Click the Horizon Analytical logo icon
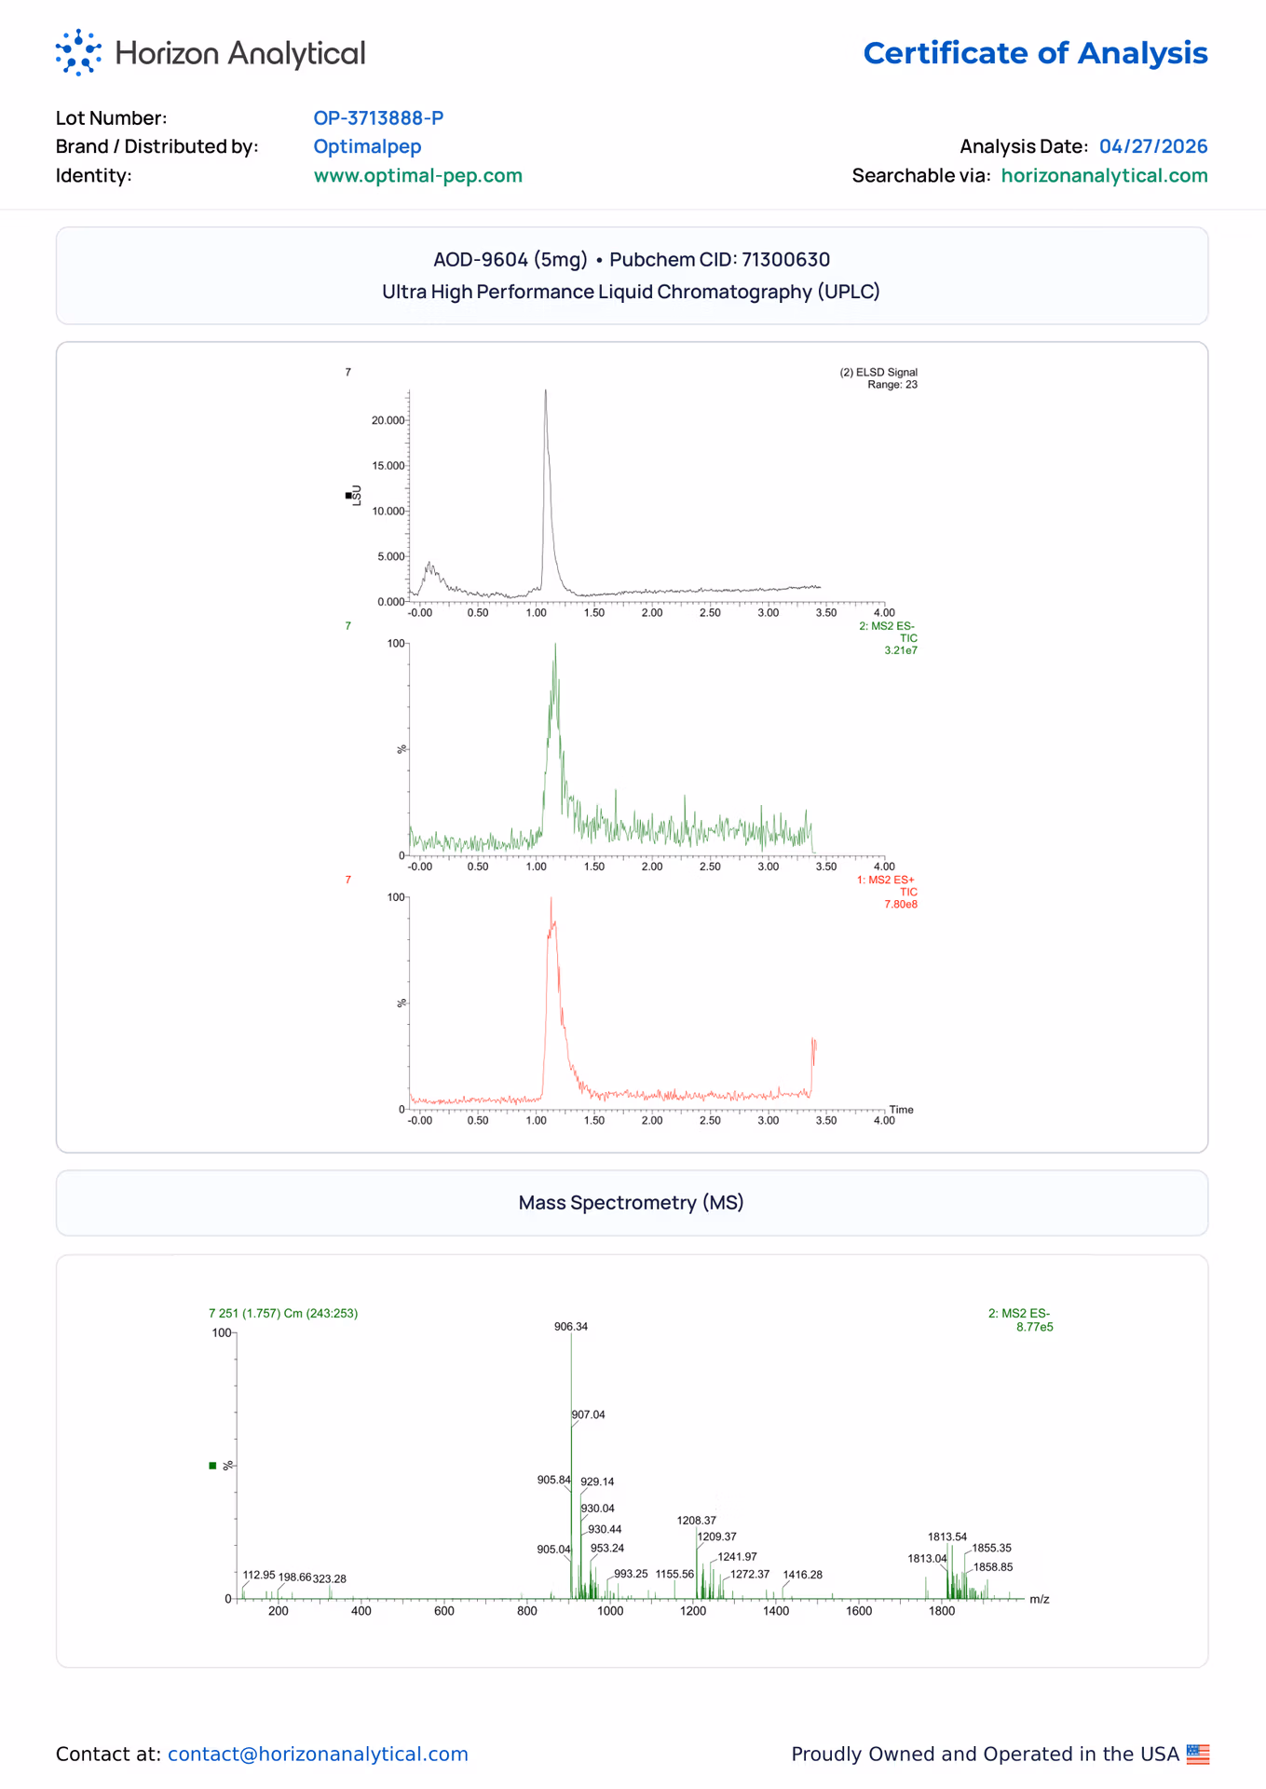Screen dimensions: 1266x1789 [78, 52]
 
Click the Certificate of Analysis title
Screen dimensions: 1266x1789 [1035, 53]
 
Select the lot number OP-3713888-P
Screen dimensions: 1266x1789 [378, 118]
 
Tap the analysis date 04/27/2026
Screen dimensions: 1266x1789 [1153, 146]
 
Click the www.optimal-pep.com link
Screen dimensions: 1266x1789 [417, 175]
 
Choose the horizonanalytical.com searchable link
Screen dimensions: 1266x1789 [1104, 175]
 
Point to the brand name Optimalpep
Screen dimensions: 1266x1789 [367, 147]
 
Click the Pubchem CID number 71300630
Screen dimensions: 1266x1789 [785, 259]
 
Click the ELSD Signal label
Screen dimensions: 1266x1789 [878, 373]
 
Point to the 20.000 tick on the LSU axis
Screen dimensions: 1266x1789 [388, 420]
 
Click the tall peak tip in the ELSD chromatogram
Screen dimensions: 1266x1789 [546, 390]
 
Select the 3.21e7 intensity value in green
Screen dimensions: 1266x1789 [901, 650]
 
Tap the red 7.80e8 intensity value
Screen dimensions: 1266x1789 [901, 905]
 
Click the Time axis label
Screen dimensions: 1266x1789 [902, 1110]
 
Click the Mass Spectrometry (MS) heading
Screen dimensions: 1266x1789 [632, 1203]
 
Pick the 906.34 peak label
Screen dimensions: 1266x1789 [571, 1327]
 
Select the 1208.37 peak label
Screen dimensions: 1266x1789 [697, 1521]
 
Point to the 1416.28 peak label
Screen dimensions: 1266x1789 [803, 1575]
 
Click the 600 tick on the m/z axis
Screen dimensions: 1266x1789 [444, 1611]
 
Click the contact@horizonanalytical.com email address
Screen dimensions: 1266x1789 [318, 1755]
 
